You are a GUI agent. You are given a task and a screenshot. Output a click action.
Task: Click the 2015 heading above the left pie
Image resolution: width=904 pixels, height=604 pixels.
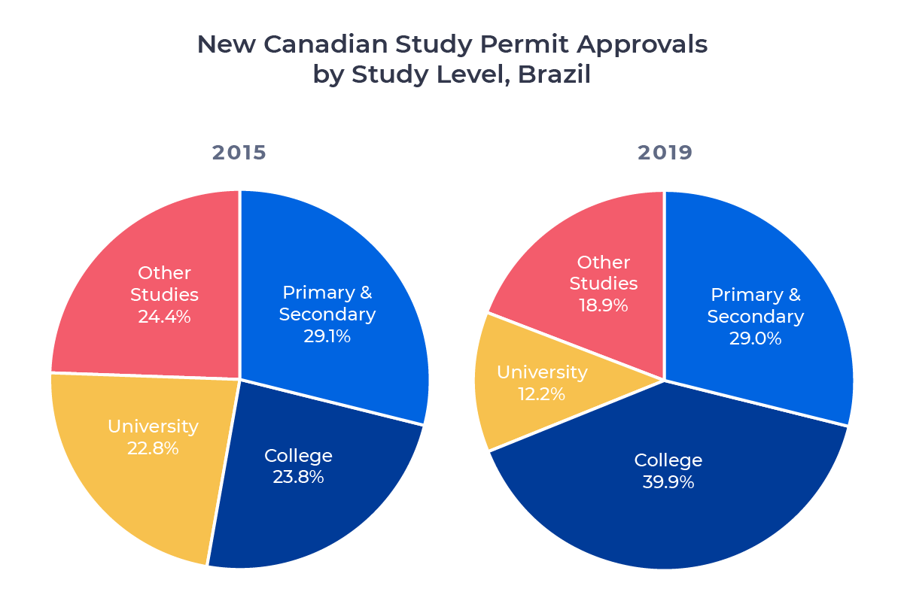[239, 153]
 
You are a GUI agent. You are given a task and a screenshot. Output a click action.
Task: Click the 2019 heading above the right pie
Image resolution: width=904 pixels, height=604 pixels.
[665, 153]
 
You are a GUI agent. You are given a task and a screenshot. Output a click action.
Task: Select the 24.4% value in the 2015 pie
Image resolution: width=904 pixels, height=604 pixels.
[164, 316]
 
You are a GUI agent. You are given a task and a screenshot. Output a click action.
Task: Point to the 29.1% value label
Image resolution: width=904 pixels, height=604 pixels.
[327, 335]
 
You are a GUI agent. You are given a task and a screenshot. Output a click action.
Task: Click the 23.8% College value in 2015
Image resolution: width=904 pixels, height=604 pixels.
[298, 477]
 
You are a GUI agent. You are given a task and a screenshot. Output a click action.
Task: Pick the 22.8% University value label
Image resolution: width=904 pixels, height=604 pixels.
[153, 448]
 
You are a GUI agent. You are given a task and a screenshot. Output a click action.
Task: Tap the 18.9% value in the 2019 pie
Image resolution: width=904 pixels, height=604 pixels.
[603, 305]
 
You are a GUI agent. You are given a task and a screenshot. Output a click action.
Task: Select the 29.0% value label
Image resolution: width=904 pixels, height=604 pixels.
[755, 338]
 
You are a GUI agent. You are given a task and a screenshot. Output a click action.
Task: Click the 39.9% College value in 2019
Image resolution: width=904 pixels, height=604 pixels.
[668, 481]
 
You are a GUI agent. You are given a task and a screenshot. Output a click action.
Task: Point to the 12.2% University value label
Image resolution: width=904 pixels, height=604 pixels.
[541, 393]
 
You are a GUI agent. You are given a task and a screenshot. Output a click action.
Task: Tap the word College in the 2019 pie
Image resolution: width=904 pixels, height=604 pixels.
[668, 460]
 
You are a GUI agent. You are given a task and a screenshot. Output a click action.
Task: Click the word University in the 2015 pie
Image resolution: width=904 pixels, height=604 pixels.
[153, 426]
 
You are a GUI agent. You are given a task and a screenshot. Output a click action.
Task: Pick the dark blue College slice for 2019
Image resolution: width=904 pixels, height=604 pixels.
[677, 527]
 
